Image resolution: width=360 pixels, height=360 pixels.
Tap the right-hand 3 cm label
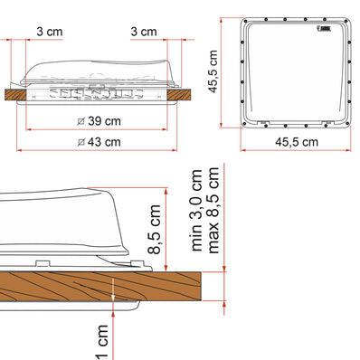[x=144, y=31]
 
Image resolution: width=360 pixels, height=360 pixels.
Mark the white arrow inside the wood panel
[x=111, y=292]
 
